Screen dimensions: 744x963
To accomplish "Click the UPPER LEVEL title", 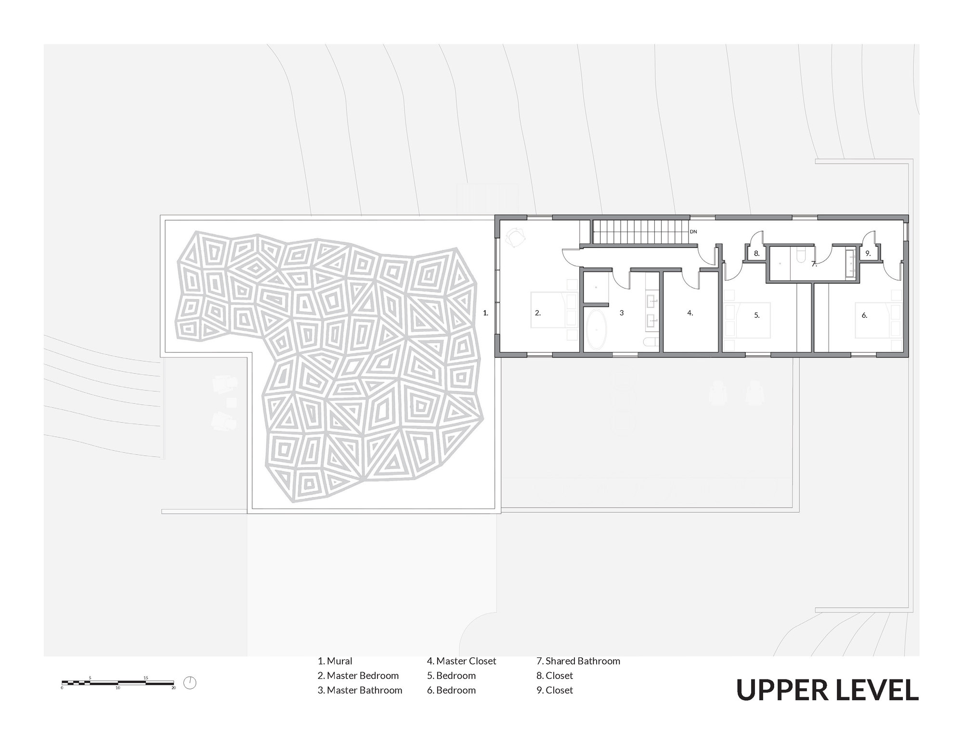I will tap(827, 690).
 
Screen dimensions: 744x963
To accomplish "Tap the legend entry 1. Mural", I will tap(335, 661).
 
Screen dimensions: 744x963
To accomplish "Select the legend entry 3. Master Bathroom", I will tap(360, 690).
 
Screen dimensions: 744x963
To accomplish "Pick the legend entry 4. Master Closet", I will tap(461, 661).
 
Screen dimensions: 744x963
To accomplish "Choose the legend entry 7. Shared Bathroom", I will tap(578, 661).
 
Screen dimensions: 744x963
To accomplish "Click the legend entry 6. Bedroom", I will tap(451, 690).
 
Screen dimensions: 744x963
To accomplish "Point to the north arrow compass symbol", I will tap(190, 683).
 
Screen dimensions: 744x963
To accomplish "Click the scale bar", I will tap(118, 683).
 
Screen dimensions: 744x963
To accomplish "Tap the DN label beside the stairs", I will tap(693, 232).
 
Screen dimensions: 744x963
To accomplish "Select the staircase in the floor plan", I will tap(640, 232).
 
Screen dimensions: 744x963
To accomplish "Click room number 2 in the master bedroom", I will tap(538, 313).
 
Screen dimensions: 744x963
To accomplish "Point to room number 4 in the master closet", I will tap(690, 313).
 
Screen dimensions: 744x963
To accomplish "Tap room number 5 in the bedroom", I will tap(756, 315).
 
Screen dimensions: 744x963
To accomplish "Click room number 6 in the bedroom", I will tap(864, 315).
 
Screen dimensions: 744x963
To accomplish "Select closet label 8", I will tap(756, 253).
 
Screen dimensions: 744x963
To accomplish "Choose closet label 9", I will tap(868, 253).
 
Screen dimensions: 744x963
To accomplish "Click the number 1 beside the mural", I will tap(485, 313).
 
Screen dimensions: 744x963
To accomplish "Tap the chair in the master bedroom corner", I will tap(516, 237).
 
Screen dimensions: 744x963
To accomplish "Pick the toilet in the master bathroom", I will tap(651, 342).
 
